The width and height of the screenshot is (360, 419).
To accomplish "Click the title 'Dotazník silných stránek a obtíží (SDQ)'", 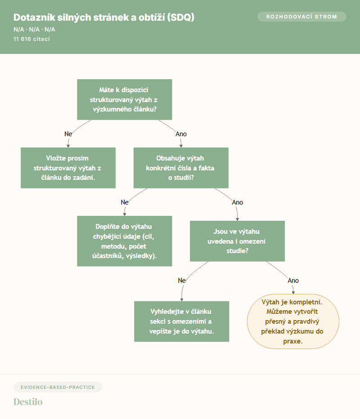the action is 104,18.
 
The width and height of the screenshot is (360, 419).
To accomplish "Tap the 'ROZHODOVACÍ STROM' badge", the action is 301,17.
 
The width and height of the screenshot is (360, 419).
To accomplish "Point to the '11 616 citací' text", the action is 31,39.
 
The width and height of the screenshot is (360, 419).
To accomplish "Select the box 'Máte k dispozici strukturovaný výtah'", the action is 124,99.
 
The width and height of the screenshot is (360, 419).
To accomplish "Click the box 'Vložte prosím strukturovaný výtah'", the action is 68,168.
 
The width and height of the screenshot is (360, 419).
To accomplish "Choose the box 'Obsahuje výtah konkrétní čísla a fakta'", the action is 181,168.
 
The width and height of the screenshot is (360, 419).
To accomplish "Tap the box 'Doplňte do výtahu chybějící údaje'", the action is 124,241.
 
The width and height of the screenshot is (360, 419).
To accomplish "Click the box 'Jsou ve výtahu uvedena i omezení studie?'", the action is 237,241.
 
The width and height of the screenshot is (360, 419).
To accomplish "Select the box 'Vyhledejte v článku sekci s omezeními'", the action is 182,321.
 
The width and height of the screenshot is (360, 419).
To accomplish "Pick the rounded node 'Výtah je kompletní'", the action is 293,321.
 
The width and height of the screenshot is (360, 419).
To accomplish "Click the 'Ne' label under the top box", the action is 68,134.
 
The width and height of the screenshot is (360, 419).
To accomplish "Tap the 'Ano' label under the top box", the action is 181,134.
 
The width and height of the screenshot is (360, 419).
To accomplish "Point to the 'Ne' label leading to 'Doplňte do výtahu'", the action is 125,202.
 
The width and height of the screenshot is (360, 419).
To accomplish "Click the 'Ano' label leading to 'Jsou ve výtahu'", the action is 238,202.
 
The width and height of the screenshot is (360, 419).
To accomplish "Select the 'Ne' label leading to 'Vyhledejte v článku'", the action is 182,281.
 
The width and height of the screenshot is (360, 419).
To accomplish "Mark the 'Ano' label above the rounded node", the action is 293,281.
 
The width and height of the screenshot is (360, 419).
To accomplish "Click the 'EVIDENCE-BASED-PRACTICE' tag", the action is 58,387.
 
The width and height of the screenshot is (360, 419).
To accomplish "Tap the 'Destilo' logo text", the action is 28,402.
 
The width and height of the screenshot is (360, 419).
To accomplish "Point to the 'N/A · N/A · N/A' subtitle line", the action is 34,29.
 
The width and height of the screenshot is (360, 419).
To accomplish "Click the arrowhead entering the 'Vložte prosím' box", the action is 68,146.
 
